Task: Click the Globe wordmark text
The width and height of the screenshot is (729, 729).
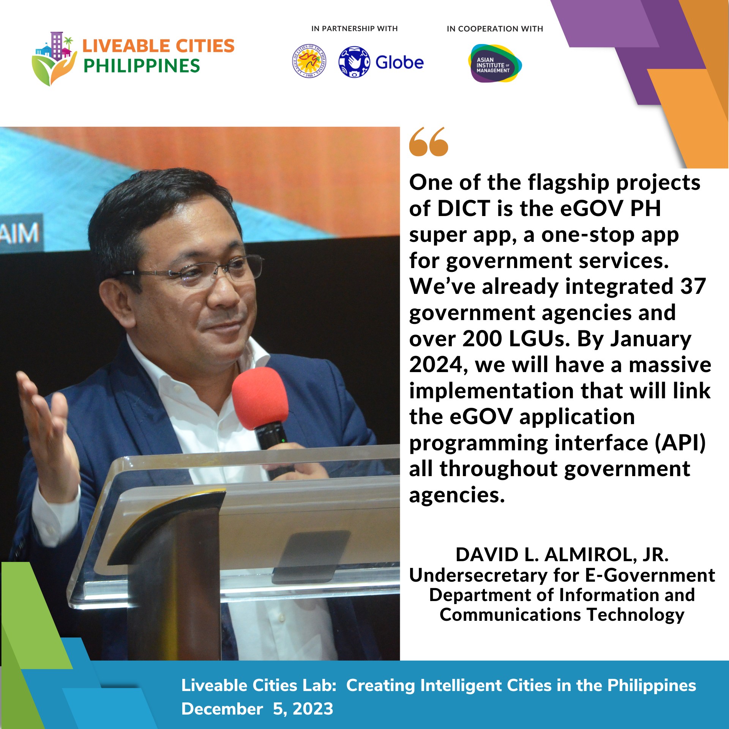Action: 399,63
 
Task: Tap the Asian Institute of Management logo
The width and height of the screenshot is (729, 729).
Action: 494,64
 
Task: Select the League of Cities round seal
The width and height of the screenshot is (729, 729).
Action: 309,62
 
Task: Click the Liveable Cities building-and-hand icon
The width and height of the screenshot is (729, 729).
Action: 54,59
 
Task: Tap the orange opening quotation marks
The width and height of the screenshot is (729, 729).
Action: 429,142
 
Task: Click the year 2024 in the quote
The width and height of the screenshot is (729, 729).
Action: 436,364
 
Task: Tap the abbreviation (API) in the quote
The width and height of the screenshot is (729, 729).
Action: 680,443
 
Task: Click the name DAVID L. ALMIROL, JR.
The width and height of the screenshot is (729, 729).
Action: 562,555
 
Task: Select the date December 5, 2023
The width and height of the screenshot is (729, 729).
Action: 257,708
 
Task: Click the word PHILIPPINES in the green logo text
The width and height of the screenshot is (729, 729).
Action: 142,66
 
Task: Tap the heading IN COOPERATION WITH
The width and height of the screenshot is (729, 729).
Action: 495,29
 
